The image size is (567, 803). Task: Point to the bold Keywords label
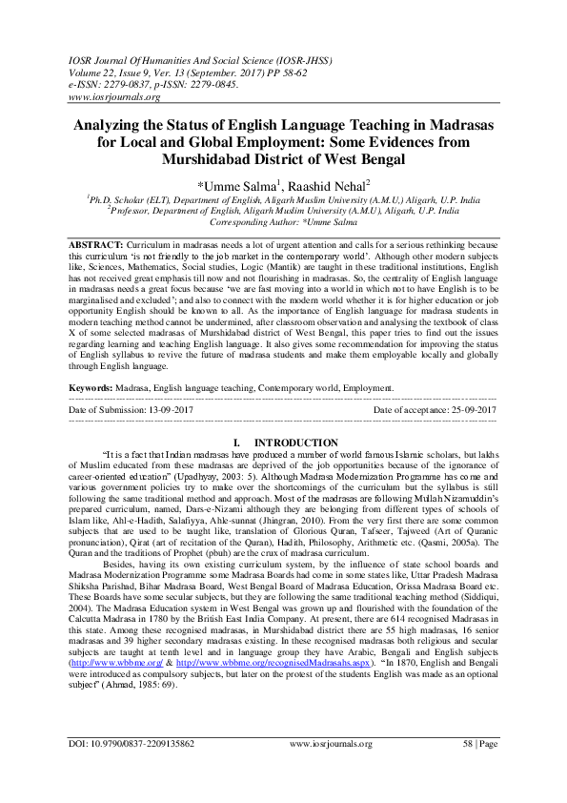(x=91, y=389)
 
